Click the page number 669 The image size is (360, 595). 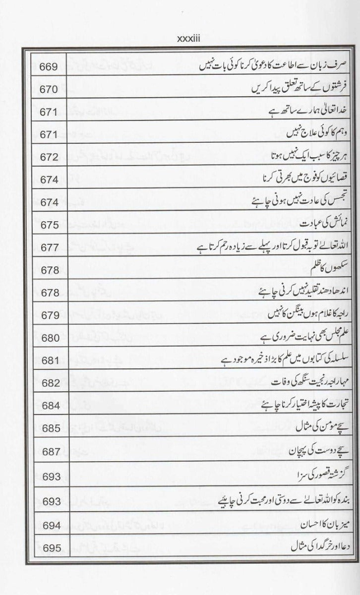[x=49, y=66]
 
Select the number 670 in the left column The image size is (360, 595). [x=49, y=89]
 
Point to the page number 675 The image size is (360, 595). [x=49, y=225]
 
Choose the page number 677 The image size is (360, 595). [x=49, y=247]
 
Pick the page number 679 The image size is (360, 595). [x=49, y=315]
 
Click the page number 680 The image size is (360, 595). [x=49, y=338]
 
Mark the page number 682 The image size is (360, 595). [x=49, y=383]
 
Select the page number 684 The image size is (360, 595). [x=49, y=406]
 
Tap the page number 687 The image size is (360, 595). [x=49, y=451]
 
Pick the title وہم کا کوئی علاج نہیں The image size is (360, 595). [x=315, y=134]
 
